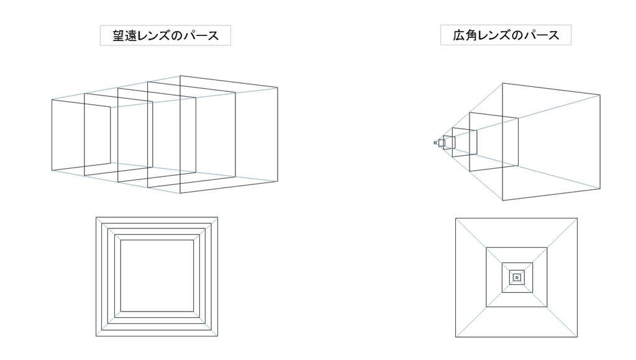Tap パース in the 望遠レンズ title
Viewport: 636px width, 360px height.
click(x=201, y=35)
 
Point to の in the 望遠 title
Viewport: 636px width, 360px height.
click(x=176, y=35)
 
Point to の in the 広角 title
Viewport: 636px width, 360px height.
click(x=516, y=35)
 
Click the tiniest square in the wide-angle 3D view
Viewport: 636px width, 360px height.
click(x=435, y=143)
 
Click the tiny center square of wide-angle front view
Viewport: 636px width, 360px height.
click(x=517, y=277)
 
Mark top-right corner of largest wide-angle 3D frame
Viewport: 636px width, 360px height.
click(x=601, y=95)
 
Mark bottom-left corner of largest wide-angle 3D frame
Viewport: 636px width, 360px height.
click(x=502, y=200)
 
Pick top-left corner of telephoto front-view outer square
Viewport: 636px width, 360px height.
click(x=96, y=217)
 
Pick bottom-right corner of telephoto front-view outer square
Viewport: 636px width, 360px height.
click(x=218, y=336)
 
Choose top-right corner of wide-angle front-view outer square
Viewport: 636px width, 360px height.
click(x=577, y=218)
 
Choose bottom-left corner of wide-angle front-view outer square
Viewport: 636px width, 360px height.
click(x=456, y=337)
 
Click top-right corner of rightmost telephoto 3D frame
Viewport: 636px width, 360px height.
click(x=278, y=88)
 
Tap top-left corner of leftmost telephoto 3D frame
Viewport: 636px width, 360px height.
click(x=52, y=99)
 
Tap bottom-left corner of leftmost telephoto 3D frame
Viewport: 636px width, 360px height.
click(x=52, y=169)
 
